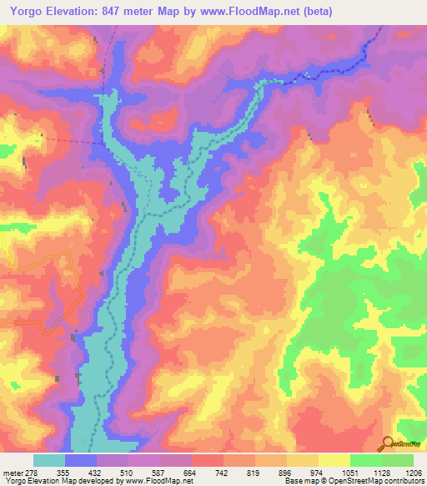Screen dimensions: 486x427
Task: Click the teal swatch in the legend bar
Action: (x=48, y=460)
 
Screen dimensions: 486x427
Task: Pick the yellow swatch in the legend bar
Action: (x=334, y=460)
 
